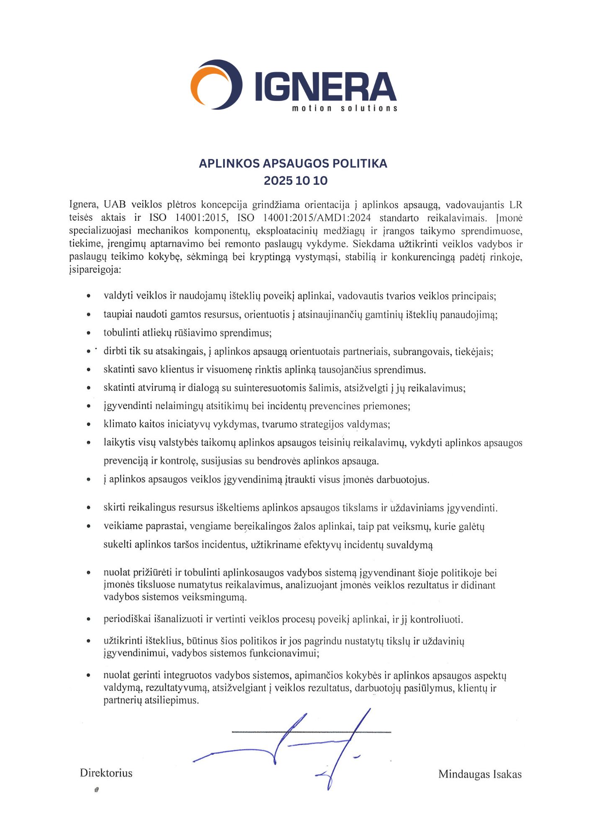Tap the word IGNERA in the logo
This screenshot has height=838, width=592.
[x=325, y=87]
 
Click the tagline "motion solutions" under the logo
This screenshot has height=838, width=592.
[x=344, y=109]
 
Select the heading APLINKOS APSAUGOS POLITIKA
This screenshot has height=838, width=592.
[x=293, y=163]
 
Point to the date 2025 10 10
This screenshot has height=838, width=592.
[x=296, y=181]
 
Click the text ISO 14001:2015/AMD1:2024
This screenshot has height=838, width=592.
[x=304, y=218]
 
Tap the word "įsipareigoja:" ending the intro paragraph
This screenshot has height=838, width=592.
[x=95, y=269]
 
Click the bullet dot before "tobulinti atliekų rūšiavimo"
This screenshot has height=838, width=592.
[x=88, y=333]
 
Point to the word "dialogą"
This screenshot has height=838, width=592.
[x=203, y=388]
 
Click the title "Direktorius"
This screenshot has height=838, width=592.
[x=106, y=773]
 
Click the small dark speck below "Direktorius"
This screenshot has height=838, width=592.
[x=97, y=790]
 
